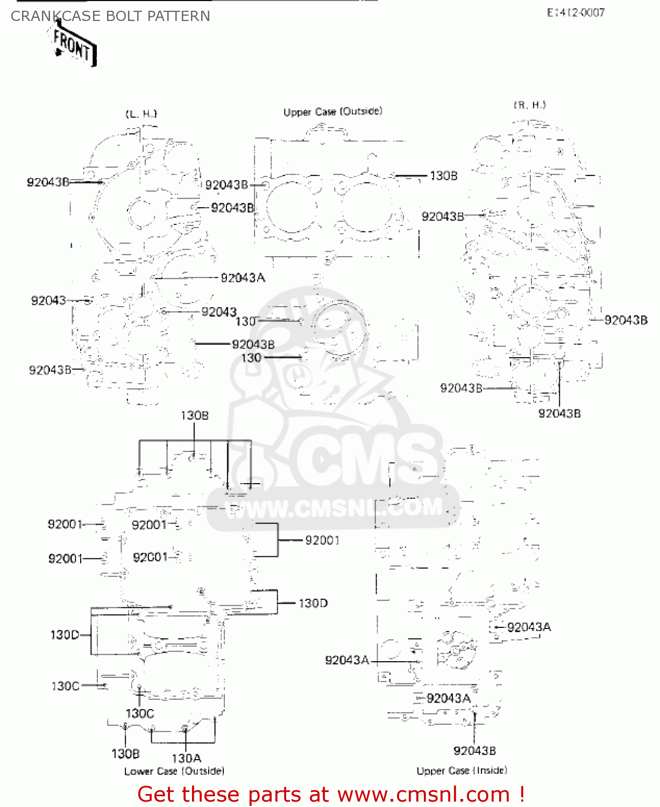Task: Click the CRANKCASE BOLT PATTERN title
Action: pos(110,17)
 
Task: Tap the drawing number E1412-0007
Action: pos(576,13)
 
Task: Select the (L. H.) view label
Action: pos(141,114)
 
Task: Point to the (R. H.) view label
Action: pos(529,105)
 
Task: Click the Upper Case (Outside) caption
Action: pos(332,112)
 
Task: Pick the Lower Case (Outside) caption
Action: pos(174,771)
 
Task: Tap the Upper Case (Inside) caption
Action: pos(462,770)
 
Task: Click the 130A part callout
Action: pos(186,758)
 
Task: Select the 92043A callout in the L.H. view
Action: pos(243,278)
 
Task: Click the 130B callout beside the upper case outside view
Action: pos(443,176)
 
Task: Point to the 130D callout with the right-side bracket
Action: pos(313,603)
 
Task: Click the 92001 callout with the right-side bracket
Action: pos(322,540)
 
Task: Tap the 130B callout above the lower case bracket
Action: pos(194,415)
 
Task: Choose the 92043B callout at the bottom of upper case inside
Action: pos(474,751)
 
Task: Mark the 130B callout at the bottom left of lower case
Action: pos(125,754)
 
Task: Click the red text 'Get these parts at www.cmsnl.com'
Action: pos(330,794)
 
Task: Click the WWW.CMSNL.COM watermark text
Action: pos(333,508)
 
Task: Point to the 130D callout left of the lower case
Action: pos(65,635)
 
